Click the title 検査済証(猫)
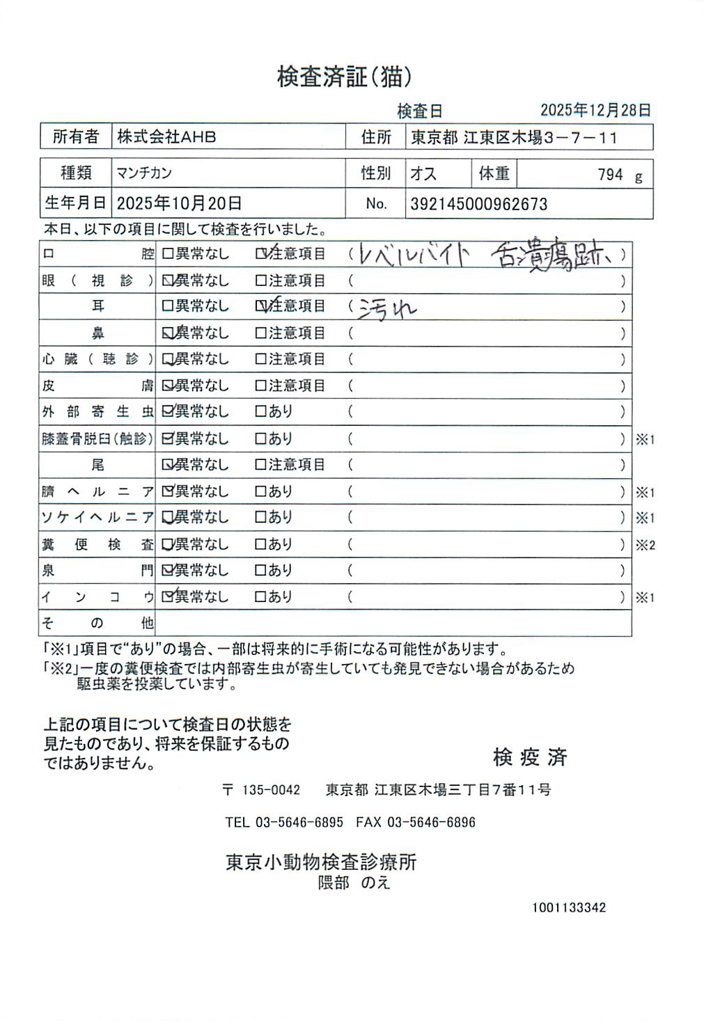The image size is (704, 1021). click(345, 77)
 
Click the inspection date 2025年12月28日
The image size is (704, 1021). click(595, 110)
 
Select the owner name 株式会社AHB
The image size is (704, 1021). click(166, 137)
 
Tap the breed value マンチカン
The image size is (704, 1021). click(144, 173)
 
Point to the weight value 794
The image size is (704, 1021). click(610, 175)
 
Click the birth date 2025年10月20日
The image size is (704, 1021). click(179, 203)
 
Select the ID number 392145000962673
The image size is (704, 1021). click(478, 205)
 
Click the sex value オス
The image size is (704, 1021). click(423, 173)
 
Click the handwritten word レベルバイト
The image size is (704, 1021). click(414, 255)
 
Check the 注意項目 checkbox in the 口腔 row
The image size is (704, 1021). click(261, 254)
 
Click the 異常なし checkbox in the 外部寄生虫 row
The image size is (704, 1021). click(167, 411)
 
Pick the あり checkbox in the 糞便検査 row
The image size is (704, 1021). click(260, 544)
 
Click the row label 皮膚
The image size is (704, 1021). click(97, 386)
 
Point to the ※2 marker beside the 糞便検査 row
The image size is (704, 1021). click(645, 545)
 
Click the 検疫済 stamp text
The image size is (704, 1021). click(530, 757)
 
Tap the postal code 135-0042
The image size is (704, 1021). click(271, 790)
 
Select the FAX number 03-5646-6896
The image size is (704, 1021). click(431, 822)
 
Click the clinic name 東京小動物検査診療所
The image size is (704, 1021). click(321, 862)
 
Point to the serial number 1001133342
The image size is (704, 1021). click(569, 908)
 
